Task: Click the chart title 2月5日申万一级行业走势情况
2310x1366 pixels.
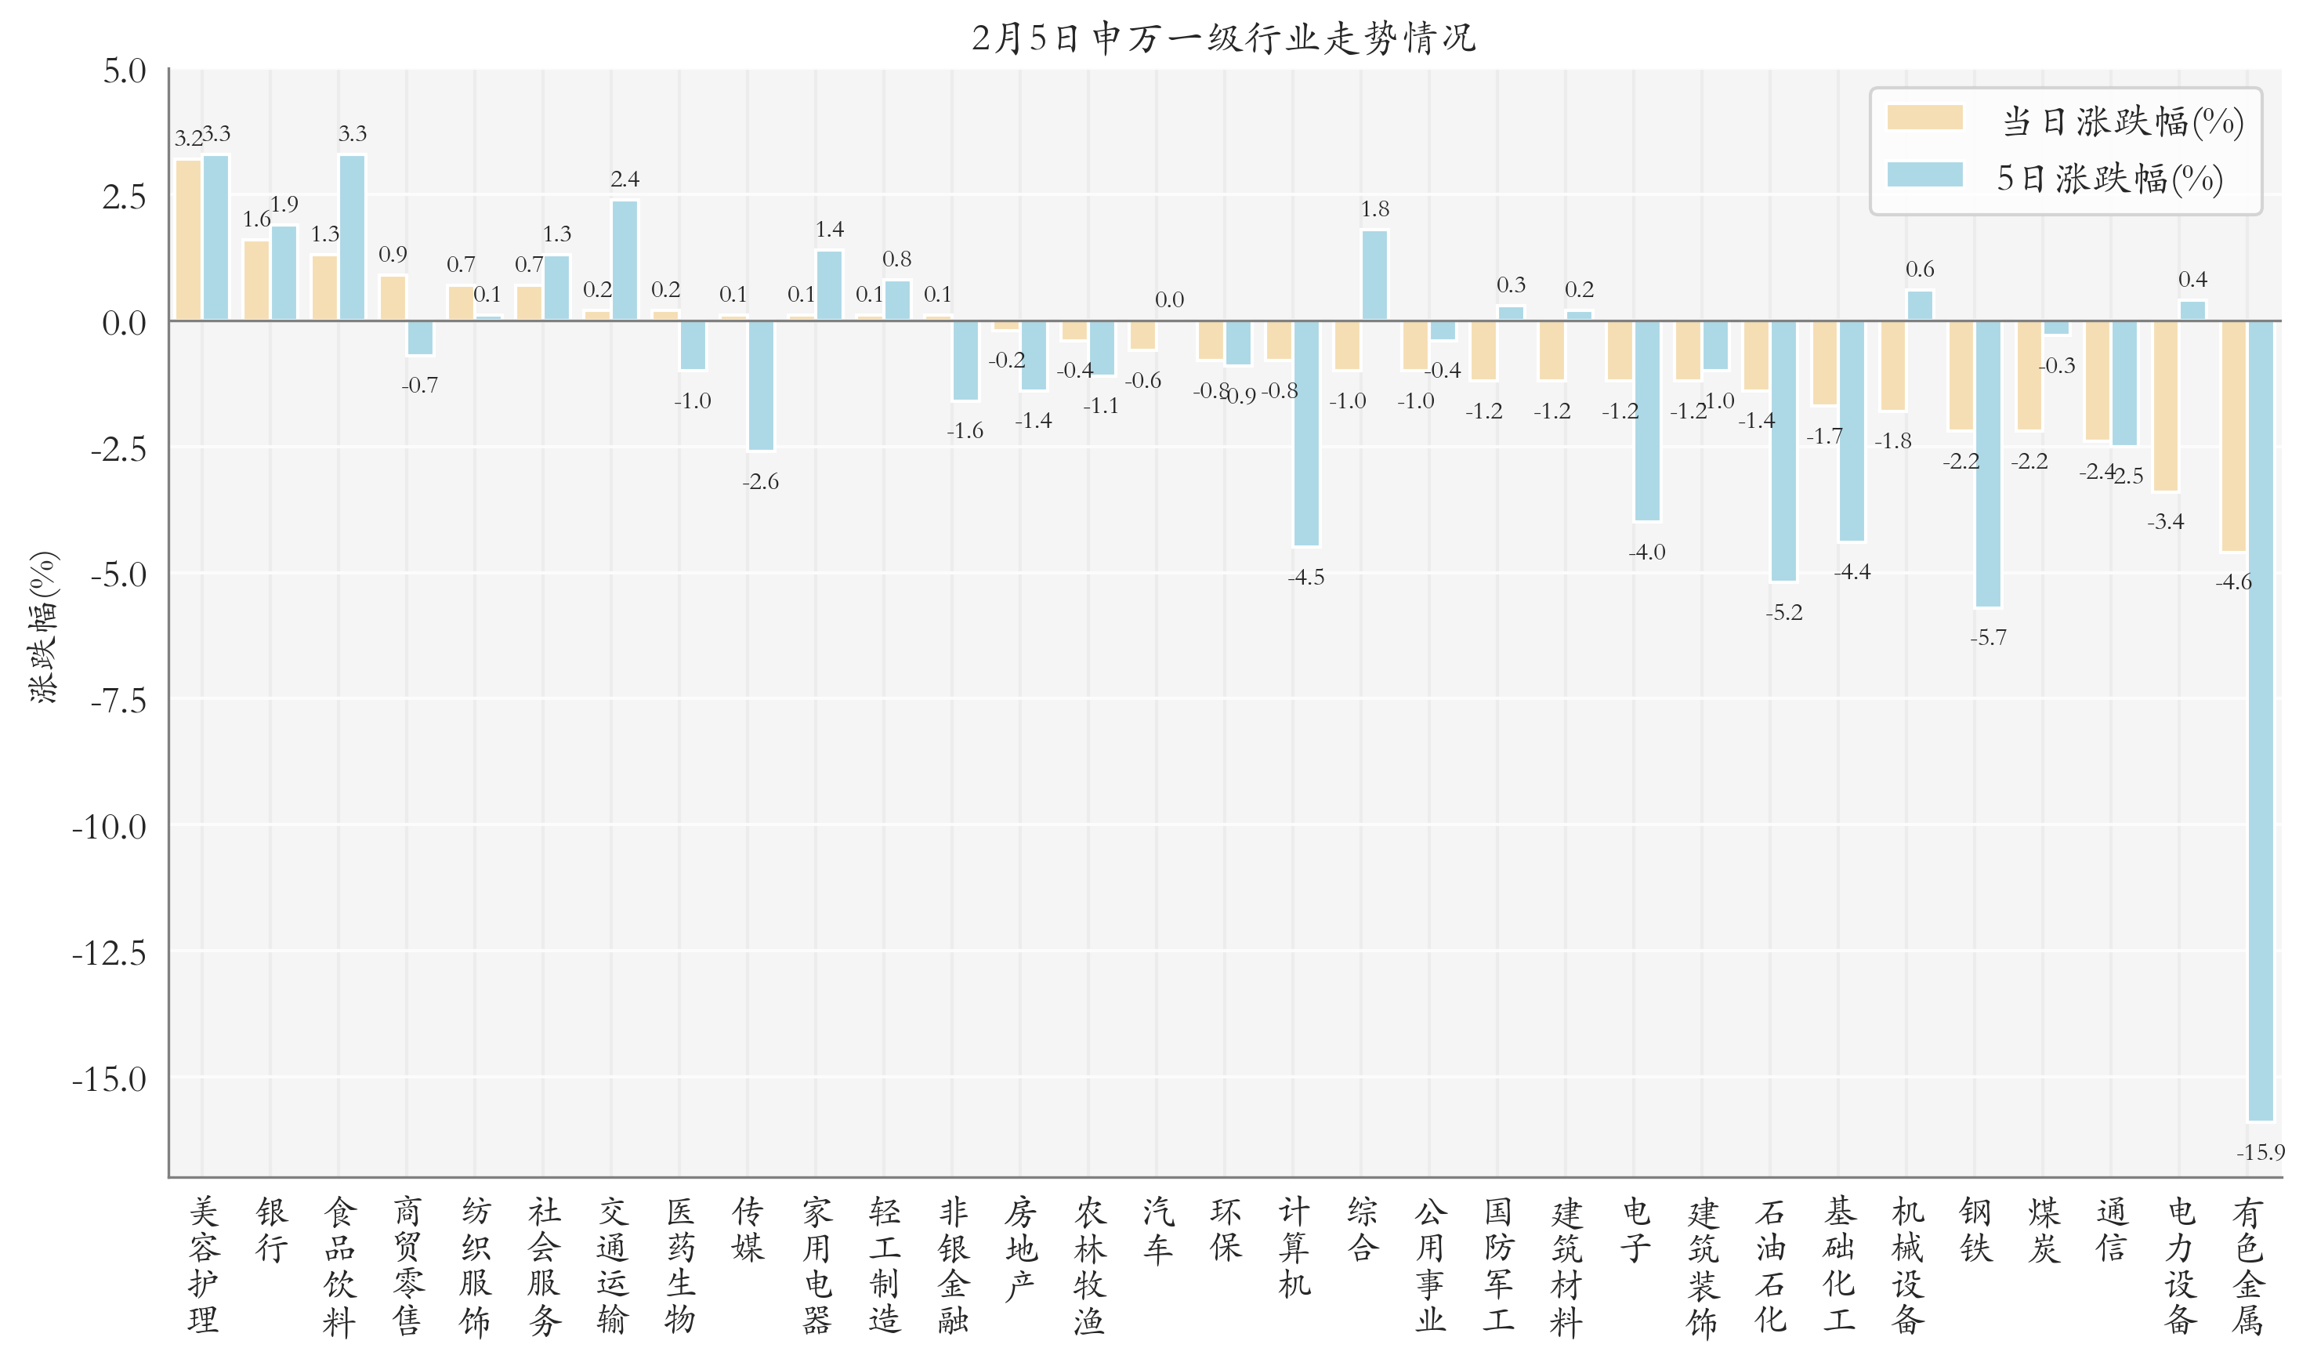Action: point(1223,38)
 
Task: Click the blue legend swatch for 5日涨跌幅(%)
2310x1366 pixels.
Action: point(1924,175)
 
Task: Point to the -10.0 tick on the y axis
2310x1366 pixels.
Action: point(109,828)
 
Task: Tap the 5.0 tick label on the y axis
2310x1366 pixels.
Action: point(125,71)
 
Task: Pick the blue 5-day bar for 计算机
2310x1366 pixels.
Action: point(1306,433)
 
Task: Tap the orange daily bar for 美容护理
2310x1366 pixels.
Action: point(188,241)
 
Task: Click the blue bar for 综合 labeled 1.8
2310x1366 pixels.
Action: point(1374,275)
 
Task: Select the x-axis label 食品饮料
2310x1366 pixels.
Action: point(339,1266)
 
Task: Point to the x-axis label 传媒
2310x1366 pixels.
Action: point(748,1230)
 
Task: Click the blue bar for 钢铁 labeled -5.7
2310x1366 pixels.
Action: point(1988,463)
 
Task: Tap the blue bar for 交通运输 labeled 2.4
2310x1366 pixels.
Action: point(624,260)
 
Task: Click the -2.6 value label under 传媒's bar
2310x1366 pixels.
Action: point(760,481)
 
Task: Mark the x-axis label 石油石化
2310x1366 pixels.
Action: point(1770,1266)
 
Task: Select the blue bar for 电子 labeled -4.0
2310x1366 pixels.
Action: point(1646,421)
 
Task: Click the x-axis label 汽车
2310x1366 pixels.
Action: point(1158,1230)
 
